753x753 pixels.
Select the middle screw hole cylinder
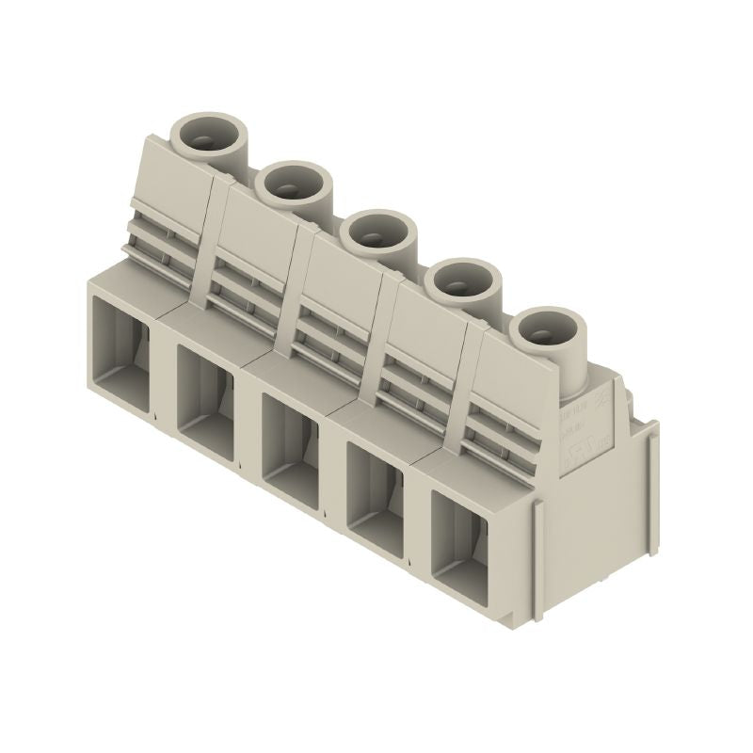[x=377, y=230]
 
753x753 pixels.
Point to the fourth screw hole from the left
[x=460, y=280]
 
